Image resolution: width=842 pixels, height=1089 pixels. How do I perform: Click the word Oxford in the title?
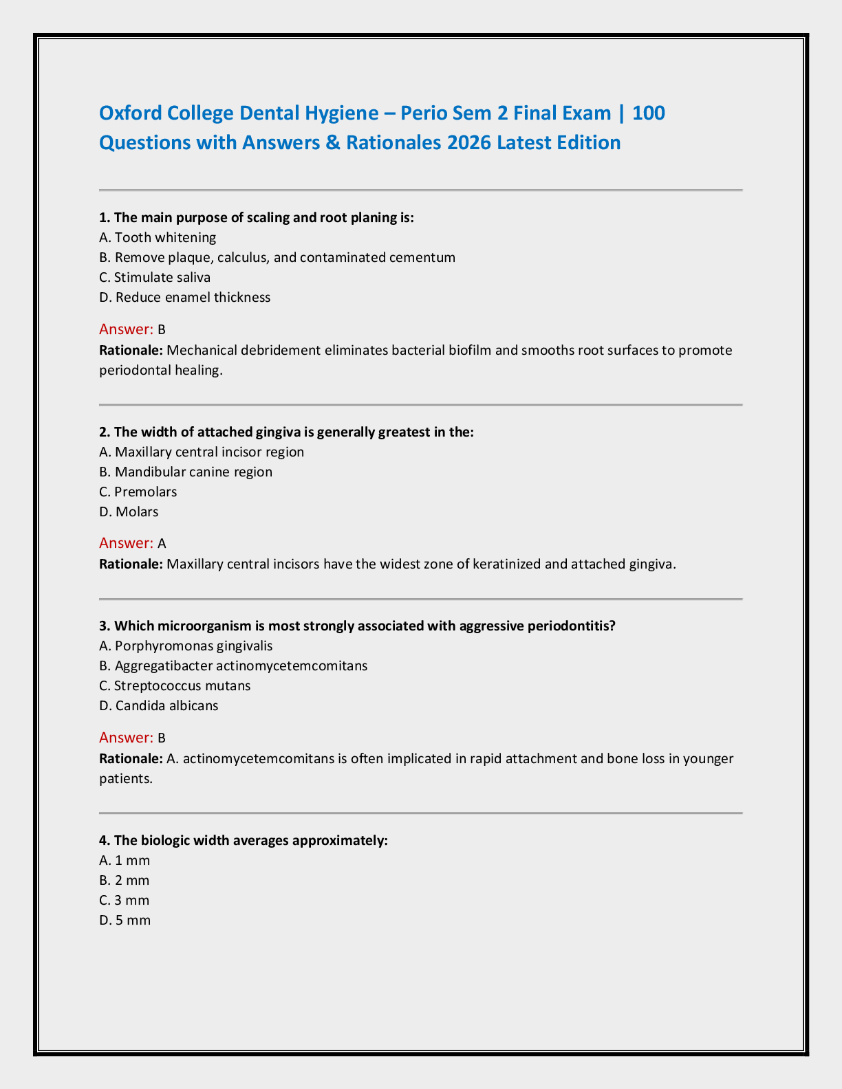point(131,113)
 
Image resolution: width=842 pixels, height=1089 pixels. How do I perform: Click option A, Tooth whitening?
point(158,238)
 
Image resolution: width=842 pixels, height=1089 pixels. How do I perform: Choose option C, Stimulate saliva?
point(155,278)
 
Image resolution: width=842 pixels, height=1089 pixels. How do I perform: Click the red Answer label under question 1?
point(126,329)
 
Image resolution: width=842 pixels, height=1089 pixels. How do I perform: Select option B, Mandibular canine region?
point(186,472)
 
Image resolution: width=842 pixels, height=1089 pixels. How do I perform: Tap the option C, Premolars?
point(138,492)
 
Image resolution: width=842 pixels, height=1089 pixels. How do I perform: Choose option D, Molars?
point(129,512)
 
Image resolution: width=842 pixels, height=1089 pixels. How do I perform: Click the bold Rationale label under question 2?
point(131,564)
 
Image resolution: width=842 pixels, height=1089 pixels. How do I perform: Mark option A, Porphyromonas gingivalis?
point(186,646)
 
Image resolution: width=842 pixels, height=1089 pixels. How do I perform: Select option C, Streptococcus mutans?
point(175,686)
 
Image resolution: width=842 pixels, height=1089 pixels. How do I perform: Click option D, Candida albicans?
point(158,706)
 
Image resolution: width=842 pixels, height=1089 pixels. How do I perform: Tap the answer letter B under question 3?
point(162,738)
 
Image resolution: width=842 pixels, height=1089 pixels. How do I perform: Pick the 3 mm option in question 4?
point(125,901)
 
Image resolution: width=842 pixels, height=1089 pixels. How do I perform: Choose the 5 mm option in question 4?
point(125,921)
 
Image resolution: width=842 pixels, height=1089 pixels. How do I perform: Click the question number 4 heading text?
point(244,841)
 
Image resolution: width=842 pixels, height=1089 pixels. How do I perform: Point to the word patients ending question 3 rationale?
point(125,779)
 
